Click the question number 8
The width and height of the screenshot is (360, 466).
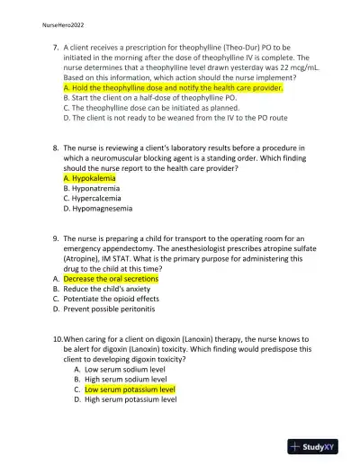[56, 147]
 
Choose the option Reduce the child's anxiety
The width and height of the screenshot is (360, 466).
[114, 289]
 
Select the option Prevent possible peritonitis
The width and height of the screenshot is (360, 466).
[115, 309]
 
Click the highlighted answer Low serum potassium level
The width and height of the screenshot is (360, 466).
[130, 390]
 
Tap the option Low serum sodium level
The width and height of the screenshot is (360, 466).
[125, 369]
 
